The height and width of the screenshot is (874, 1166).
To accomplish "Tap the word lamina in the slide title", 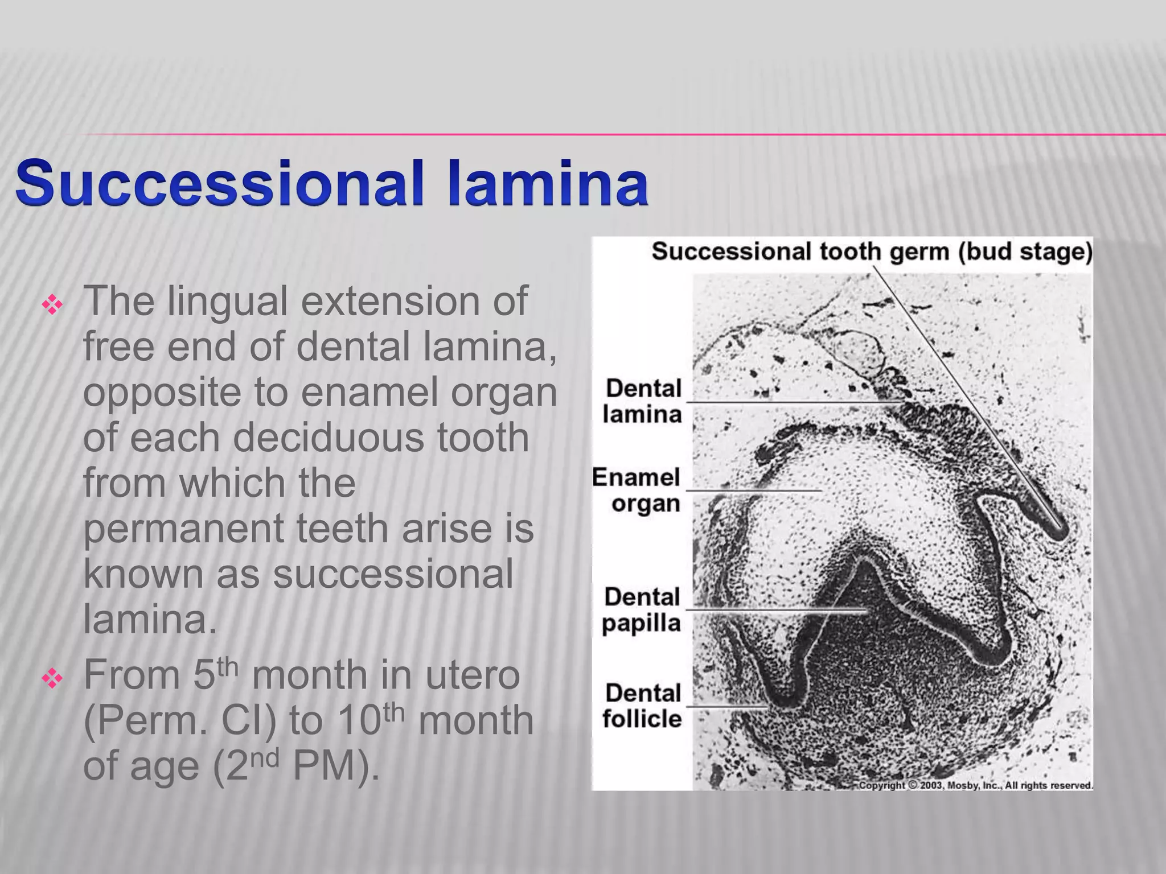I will coord(548,183).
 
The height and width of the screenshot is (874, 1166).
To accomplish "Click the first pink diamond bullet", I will coord(52,306).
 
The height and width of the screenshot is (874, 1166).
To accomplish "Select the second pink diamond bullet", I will coord(52,679).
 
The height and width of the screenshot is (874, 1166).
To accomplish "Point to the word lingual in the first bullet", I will coord(227,302).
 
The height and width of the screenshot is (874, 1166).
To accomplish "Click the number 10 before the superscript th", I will coord(359,721).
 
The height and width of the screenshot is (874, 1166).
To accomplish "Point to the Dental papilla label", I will coord(642,610).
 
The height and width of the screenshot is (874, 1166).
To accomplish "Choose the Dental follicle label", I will coord(642,706).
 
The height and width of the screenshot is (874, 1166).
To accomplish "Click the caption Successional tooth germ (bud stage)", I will coord(871,252).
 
